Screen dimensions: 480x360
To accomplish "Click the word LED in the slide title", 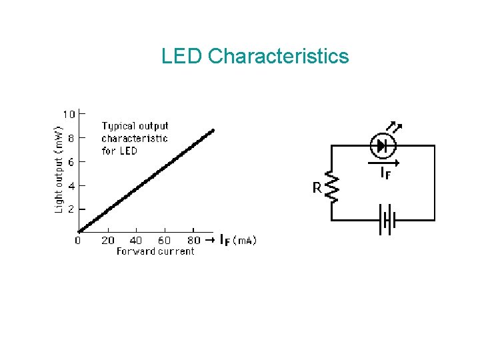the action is click(x=181, y=56).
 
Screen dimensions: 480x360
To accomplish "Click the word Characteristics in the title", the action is click(x=278, y=56).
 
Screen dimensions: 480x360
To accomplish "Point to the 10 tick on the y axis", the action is click(x=69, y=114).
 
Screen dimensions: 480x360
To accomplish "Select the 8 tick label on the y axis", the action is click(x=72, y=138).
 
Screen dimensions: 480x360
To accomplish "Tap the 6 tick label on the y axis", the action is click(x=72, y=162).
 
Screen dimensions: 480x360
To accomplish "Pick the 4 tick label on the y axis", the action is click(x=72, y=185).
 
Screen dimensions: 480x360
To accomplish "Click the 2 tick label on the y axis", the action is click(x=72, y=209).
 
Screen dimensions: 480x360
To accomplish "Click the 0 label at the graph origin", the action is click(x=78, y=241).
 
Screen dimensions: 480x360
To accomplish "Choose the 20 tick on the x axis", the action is click(x=107, y=241).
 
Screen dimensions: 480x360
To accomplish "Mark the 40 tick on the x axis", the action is click(x=136, y=241).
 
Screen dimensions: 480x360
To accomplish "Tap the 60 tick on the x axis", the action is click(x=165, y=241).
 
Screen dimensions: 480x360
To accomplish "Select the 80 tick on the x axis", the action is click(x=193, y=241).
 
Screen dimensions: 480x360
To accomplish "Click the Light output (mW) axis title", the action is click(x=59, y=161).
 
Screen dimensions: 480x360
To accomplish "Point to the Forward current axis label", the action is click(x=155, y=251).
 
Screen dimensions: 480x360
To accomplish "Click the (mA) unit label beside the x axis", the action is click(x=245, y=241).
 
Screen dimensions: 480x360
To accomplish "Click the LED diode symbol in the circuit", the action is click(x=382, y=145).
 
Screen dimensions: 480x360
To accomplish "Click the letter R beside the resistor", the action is click(x=317, y=189).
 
